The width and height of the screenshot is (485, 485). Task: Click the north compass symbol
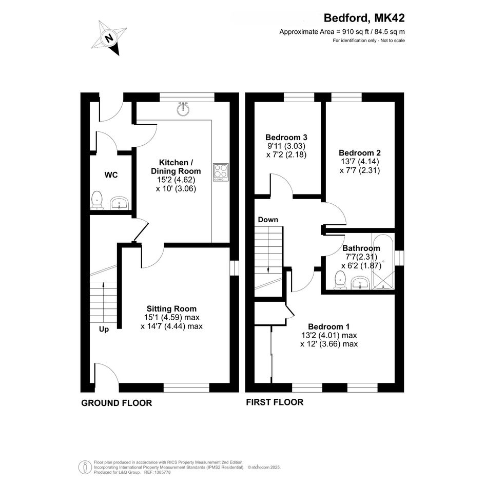coord(109,38)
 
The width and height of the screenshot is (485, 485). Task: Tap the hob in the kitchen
coord(221,172)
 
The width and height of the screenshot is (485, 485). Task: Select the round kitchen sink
coord(184,109)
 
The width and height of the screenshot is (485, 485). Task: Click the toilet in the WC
coord(97,200)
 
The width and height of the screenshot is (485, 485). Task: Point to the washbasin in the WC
coord(120,203)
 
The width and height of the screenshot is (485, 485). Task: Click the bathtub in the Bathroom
coord(383,262)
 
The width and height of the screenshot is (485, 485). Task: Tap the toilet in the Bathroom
coord(340,280)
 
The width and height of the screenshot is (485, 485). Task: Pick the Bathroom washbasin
coord(361,283)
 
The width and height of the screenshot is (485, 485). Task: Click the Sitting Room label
coord(171,308)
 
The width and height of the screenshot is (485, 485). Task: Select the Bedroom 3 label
coord(286,137)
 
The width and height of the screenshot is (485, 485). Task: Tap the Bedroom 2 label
coord(360,153)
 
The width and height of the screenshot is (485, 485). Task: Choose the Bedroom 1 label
coord(329,326)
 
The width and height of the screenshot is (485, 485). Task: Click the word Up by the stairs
coord(104,329)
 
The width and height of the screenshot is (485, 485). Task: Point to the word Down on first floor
coord(268,220)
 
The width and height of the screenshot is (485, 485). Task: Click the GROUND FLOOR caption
coord(117,403)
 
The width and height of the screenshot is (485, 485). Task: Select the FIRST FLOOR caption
coord(275,402)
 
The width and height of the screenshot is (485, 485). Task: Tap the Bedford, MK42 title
coord(364,18)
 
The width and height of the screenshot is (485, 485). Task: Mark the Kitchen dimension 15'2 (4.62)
coord(176,180)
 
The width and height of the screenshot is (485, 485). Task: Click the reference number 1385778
coord(162,472)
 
